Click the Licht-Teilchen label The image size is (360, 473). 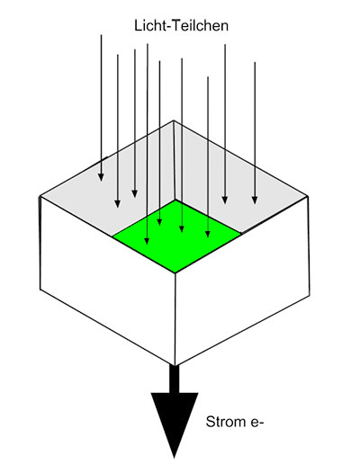(181, 26)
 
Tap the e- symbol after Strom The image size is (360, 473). (257, 422)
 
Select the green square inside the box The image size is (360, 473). (177, 236)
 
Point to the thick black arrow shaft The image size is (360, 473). (175, 379)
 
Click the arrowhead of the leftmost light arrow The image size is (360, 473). (101, 177)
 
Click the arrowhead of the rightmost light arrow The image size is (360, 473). (255, 200)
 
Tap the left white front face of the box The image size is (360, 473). (107, 281)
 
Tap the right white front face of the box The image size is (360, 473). (242, 281)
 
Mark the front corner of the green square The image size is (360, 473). (175, 273)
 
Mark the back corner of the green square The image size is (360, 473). (175, 200)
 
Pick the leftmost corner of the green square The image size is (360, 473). (113, 236)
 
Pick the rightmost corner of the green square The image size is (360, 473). (241, 233)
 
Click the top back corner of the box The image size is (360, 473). (174, 120)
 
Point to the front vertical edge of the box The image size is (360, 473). (175, 319)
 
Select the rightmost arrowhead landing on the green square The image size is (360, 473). (208, 234)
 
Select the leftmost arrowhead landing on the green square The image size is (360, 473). (147, 240)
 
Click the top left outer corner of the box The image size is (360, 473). (40, 197)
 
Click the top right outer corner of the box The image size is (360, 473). (308, 196)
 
